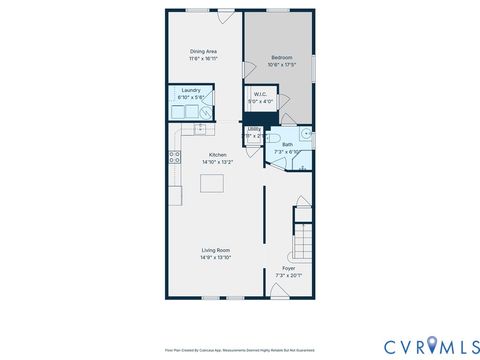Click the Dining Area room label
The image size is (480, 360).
pos(204,52)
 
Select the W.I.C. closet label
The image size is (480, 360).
pos(259,95)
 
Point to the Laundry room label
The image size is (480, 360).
pos(191,91)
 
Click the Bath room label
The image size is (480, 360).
pos(287,145)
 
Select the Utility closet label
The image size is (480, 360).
pos(254,129)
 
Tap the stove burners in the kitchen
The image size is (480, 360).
pos(174,157)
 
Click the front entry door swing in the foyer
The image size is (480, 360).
pos(277,290)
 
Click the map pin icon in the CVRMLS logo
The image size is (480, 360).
pos(431,345)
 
